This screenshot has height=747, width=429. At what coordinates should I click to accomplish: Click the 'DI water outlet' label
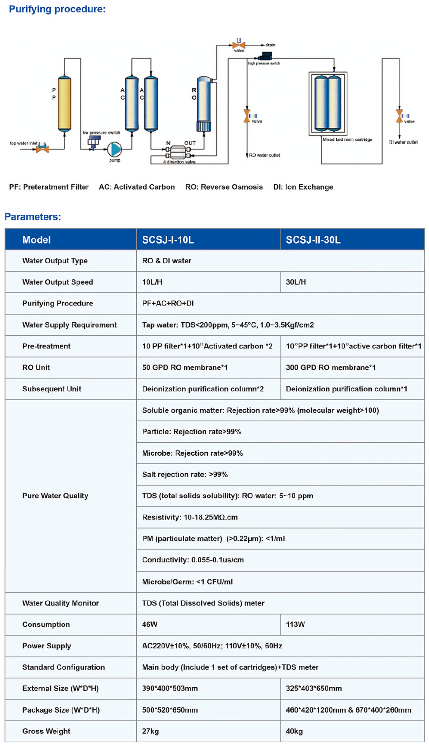(403, 142)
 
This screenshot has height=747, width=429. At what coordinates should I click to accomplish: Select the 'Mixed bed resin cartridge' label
(347, 139)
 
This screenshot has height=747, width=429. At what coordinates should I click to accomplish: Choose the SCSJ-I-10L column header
(168, 240)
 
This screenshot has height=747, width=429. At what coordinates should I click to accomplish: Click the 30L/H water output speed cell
(296, 282)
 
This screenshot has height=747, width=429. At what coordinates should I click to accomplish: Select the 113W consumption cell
(295, 624)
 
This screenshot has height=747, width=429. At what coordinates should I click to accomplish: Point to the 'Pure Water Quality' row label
(55, 496)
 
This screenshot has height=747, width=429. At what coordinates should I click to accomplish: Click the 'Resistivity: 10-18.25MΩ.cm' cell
(190, 517)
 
